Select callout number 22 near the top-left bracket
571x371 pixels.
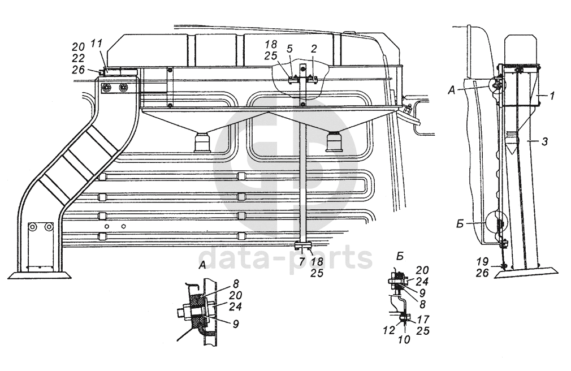(78, 58)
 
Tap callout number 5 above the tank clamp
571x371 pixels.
(290, 49)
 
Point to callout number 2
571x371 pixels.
(314, 49)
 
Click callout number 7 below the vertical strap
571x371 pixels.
(301, 261)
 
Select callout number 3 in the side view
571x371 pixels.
(544, 141)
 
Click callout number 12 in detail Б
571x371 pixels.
(389, 330)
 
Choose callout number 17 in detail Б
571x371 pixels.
(423, 319)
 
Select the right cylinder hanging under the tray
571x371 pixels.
(334, 141)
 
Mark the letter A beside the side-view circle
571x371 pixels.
(452, 90)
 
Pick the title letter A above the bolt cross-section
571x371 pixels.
(202, 266)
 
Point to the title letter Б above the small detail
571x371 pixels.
(400, 256)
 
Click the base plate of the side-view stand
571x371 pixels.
(526, 272)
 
